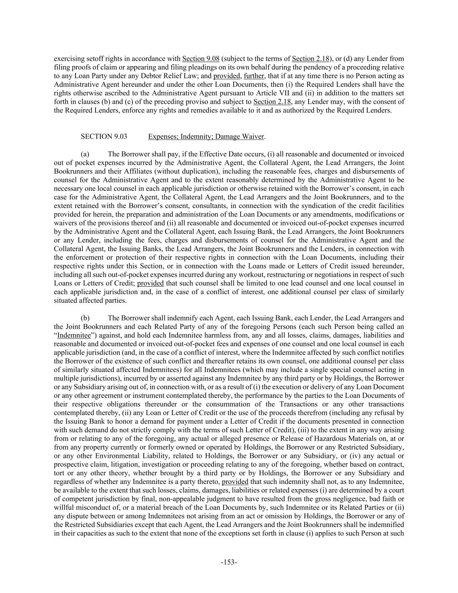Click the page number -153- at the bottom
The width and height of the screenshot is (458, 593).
tap(229, 562)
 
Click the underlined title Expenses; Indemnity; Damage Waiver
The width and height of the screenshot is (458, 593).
tap(206, 136)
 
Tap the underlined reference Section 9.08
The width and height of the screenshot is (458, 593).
tap(201, 59)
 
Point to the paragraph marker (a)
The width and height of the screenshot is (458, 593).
tap(85, 154)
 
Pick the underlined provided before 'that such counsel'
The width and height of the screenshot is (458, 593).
tap(150, 283)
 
